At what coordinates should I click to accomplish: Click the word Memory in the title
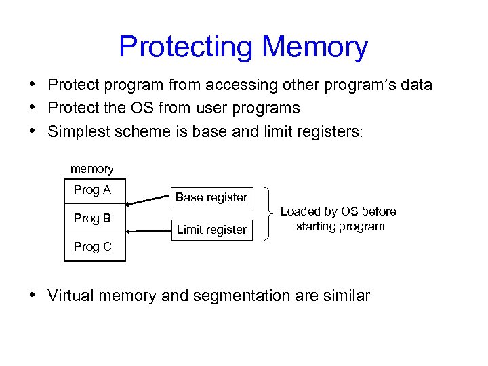(x=314, y=47)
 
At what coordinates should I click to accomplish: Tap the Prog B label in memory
(x=92, y=218)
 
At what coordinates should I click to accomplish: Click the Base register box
(x=211, y=197)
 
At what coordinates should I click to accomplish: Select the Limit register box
(x=211, y=230)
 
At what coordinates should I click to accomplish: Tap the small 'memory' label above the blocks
(x=92, y=169)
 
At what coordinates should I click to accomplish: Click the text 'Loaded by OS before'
(x=338, y=211)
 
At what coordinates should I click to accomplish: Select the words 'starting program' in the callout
(x=340, y=226)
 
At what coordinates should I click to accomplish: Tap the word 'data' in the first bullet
(x=414, y=85)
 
